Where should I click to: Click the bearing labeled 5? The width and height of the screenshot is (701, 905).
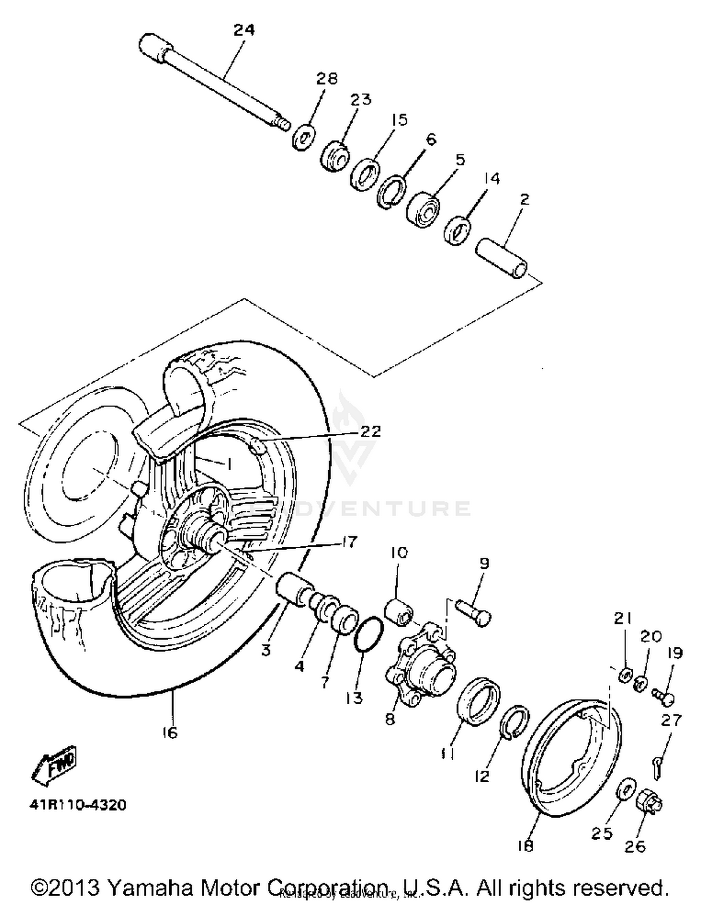[x=423, y=209]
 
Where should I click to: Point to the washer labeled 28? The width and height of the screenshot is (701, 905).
[x=304, y=137]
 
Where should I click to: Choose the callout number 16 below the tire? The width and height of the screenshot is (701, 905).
[x=170, y=733]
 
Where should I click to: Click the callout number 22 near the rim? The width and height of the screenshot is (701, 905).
[x=370, y=431]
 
